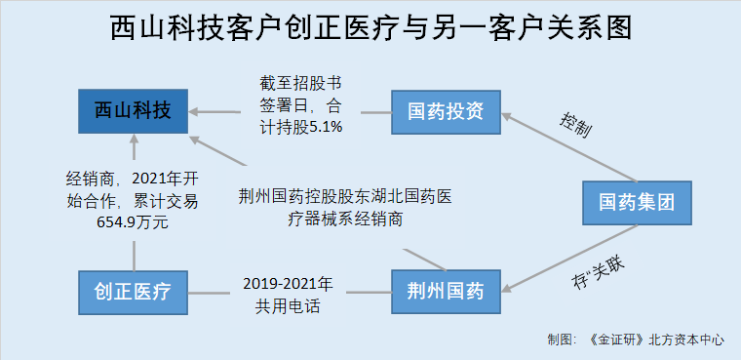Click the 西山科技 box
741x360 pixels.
tap(134, 111)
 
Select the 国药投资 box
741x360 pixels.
tap(445, 110)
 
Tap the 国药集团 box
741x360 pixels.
tap(638, 203)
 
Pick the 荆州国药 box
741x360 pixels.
tap(445, 290)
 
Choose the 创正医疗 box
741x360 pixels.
tap(134, 290)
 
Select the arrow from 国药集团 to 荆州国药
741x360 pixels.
tap(571, 256)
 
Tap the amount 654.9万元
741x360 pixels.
tap(133, 222)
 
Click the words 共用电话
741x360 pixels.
tap(287, 306)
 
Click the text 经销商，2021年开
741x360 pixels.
tap(133, 179)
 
